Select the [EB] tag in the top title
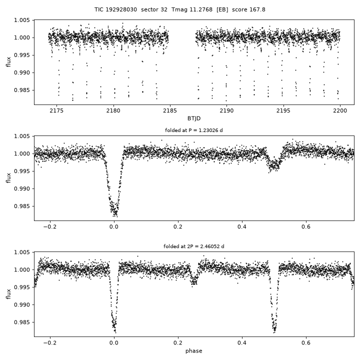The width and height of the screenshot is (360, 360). coord(222,9)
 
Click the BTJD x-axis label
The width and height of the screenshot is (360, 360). coord(194,118)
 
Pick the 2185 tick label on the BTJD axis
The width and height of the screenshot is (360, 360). coord(170,110)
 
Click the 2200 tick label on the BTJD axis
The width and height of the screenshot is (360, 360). coord(340,110)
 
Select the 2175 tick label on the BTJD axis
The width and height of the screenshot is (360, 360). coord(56,110)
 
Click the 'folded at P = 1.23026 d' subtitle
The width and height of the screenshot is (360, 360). coord(194,130)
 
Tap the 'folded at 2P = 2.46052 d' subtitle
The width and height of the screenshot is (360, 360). coord(194,246)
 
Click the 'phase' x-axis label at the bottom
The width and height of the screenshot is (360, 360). coord(194,351)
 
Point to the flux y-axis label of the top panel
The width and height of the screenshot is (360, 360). coord(8,62)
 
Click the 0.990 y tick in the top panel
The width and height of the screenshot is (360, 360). coord(22,73)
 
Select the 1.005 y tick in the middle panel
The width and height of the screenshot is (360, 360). coord(22,136)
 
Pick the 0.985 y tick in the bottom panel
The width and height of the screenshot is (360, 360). coord(22,322)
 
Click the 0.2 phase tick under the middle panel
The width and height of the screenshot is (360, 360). coord(178,227)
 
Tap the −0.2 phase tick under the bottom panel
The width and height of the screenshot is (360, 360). coord(50,343)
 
